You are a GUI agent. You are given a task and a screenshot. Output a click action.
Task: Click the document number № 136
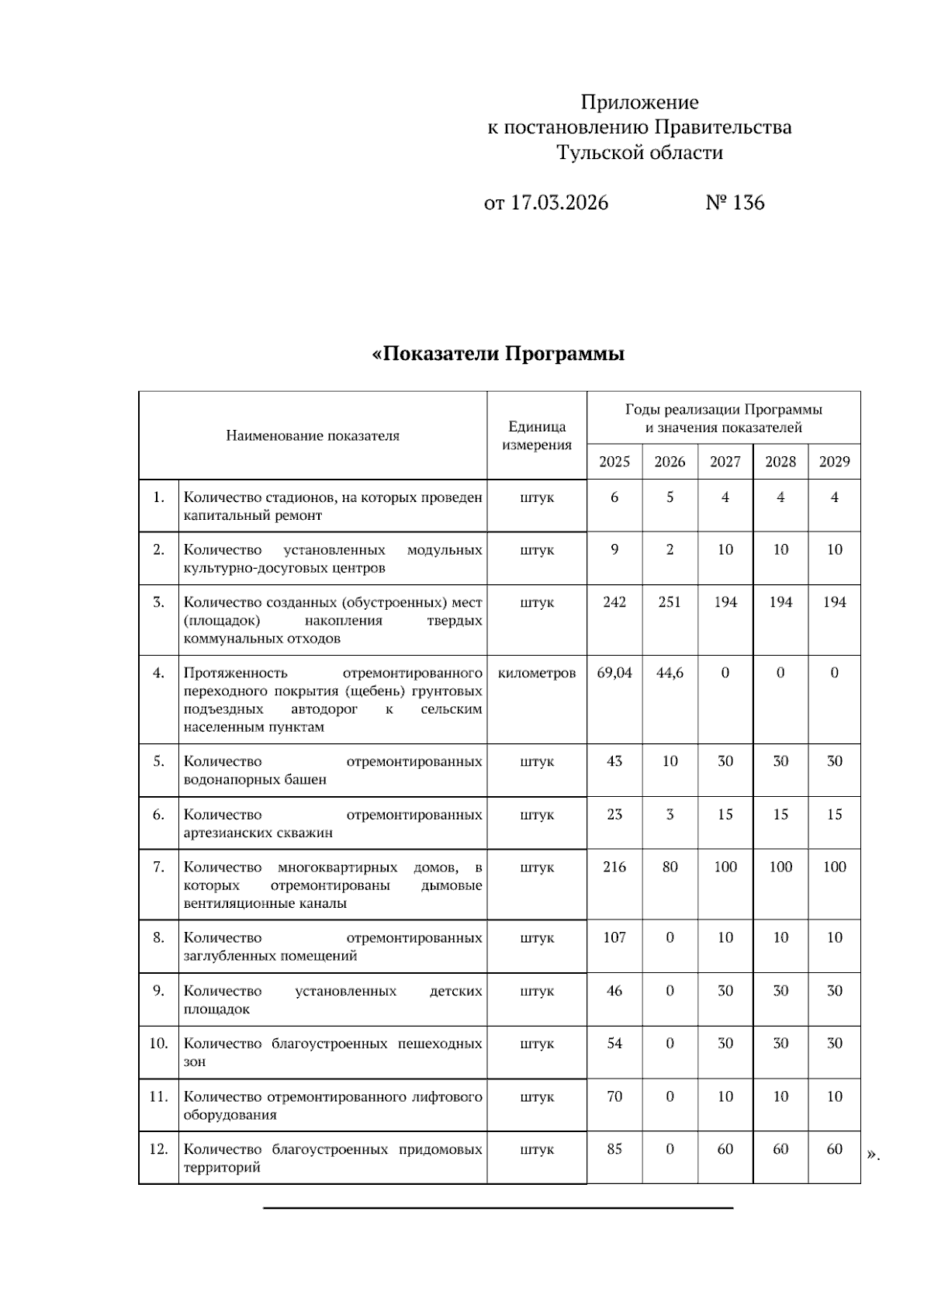coord(735,203)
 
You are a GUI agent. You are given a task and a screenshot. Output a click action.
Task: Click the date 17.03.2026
coord(559,203)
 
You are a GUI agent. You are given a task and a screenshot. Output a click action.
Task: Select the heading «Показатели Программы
coord(498,355)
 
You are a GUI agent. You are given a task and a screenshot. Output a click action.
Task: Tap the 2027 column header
coord(725,462)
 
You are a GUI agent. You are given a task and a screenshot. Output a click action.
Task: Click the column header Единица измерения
coord(537,435)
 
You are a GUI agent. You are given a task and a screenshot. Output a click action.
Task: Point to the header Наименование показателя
coord(313,435)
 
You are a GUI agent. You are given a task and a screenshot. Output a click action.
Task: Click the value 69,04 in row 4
coord(614,673)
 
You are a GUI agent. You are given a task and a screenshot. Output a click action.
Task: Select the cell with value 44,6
coord(670,673)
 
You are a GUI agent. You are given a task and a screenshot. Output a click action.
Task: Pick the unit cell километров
coord(537,673)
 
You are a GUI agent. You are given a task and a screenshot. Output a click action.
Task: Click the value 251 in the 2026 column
coord(670,602)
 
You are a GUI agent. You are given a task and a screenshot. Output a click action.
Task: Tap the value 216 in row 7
coord(614,867)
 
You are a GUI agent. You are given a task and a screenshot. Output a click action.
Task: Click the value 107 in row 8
coord(614,937)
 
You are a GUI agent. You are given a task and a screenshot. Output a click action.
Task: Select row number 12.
coord(158,1149)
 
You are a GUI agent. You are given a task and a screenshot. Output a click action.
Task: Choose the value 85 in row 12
coord(614,1149)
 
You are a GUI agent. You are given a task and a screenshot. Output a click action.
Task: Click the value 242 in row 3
coord(614,602)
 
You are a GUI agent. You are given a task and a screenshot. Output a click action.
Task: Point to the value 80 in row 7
coord(670,867)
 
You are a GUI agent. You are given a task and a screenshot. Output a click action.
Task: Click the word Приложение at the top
coord(639,102)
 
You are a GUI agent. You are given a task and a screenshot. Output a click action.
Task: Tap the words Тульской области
coord(639,153)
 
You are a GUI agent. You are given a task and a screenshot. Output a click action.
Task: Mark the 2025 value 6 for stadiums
coord(614,497)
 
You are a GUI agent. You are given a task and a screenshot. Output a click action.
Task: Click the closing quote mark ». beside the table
coord(874,1155)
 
